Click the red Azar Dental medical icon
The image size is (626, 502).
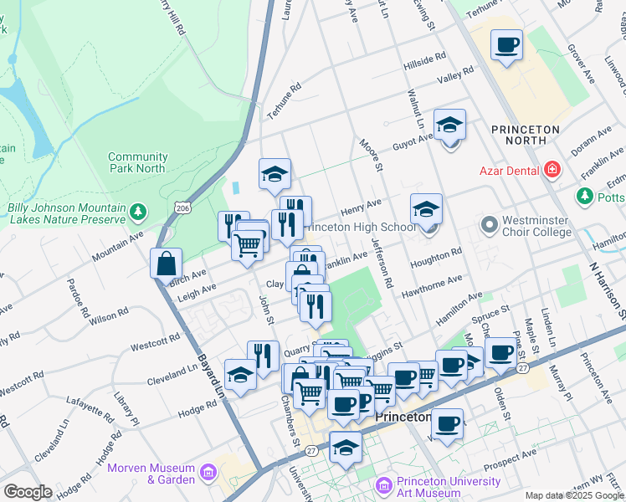[552, 171]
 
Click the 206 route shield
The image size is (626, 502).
[181, 206]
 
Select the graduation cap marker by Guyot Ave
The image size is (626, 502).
[449, 125]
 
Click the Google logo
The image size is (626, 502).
[27, 492]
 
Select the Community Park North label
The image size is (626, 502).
[137, 162]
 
